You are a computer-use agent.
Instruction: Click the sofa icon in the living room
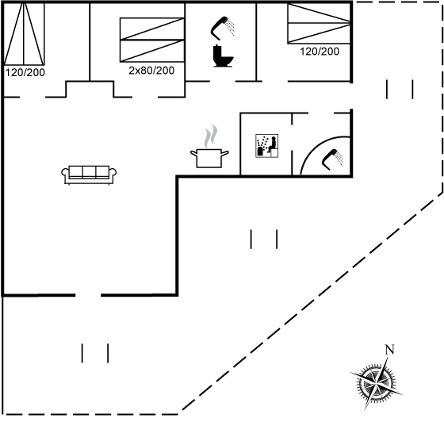pos(89,175)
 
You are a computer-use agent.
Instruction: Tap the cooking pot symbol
pos(209,158)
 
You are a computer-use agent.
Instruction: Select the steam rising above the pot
pos(211,136)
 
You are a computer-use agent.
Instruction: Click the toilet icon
pos(223,56)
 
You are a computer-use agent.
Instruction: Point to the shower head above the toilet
pos(223,28)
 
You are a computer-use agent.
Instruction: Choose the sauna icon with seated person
pos(266,146)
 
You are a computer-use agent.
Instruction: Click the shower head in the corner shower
pos(332,159)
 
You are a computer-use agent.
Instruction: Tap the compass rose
pos(377,383)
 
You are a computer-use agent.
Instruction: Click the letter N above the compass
pos(389,350)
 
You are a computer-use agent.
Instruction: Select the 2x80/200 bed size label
pos(151,71)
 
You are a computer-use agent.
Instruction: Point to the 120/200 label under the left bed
pos(25,72)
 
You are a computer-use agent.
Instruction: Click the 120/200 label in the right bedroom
pos(320,52)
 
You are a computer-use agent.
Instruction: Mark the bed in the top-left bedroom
pos(24,33)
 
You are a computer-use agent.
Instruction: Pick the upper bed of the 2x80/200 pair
pos(152,29)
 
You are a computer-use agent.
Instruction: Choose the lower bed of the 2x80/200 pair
pos(152,51)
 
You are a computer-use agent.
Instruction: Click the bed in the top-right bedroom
pos(319,24)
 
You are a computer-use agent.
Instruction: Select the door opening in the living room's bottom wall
pos(88,295)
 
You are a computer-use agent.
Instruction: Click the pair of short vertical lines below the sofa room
pos(95,353)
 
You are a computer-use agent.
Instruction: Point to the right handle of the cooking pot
pos(225,154)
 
